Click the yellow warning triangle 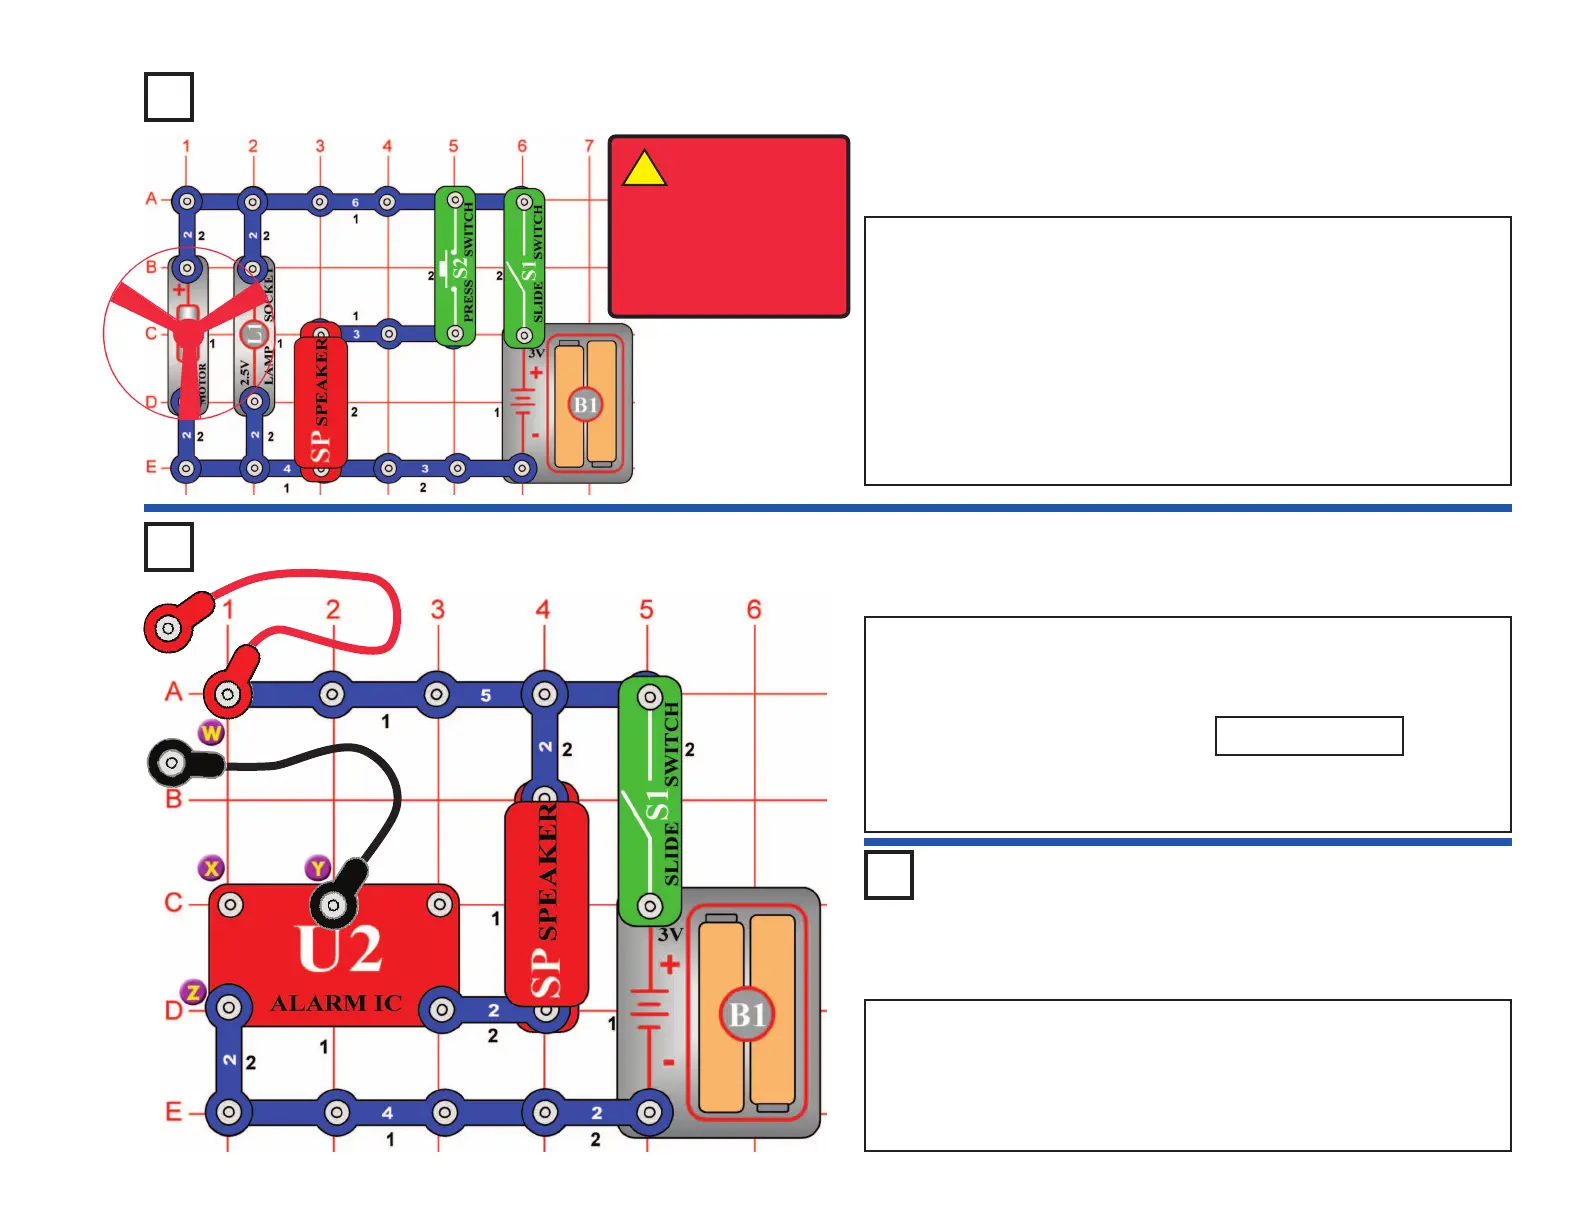[x=644, y=169]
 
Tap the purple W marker [x=211, y=733]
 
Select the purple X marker [x=211, y=868]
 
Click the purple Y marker [x=318, y=868]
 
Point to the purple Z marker [x=193, y=992]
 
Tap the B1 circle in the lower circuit [x=747, y=1014]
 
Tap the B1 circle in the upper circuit [x=585, y=405]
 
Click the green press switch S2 [x=455, y=267]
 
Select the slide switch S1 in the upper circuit [x=524, y=268]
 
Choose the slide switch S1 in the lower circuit [x=650, y=801]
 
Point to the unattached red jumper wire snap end [x=170, y=628]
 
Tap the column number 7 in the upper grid [x=589, y=146]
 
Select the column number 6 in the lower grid [x=754, y=609]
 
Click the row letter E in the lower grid [x=174, y=1111]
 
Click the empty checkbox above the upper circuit [x=169, y=97]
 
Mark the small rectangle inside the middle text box [x=1309, y=736]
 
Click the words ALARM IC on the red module [x=336, y=1003]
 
